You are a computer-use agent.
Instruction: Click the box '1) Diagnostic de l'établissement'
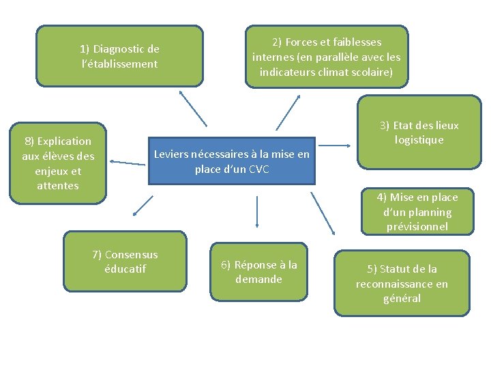[x=119, y=56]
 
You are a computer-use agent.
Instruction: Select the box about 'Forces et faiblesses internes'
[x=327, y=57]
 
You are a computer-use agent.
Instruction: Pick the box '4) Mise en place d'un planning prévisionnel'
[x=417, y=212]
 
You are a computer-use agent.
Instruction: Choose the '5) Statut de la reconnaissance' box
[x=402, y=284]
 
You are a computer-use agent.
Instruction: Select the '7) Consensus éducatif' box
[x=125, y=262]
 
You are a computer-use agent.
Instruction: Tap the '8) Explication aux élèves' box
[x=58, y=163]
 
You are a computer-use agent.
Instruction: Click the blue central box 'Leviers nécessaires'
[x=232, y=162]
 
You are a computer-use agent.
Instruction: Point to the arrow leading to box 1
[x=193, y=108]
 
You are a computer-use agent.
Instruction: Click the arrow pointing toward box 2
[x=288, y=112]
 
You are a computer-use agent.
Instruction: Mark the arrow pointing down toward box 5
[x=322, y=213]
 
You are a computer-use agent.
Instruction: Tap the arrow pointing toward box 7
[x=143, y=206]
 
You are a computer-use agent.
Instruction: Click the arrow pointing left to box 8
[x=127, y=163]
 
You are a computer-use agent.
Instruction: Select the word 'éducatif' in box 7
[x=125, y=269]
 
